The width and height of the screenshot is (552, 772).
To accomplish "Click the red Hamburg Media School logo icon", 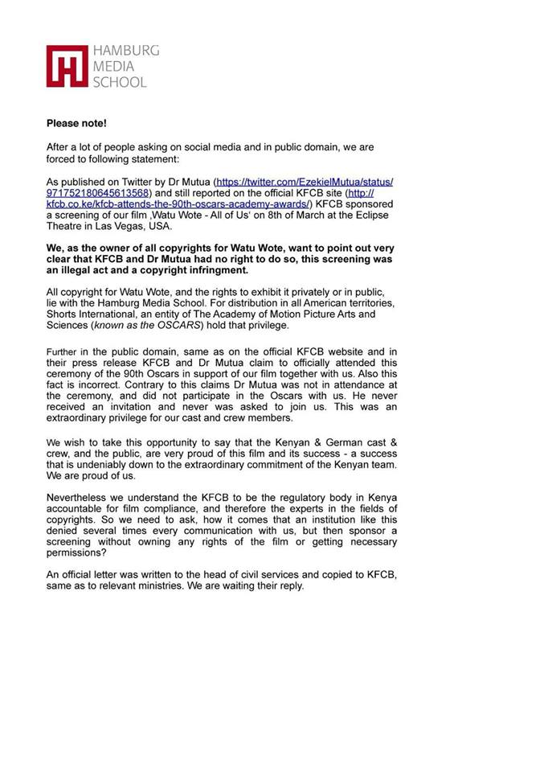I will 67,66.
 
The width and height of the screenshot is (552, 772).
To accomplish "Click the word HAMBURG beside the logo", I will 125,51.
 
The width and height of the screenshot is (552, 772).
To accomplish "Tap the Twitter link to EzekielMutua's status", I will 305,183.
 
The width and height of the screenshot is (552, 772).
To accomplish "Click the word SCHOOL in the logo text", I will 120,81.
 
